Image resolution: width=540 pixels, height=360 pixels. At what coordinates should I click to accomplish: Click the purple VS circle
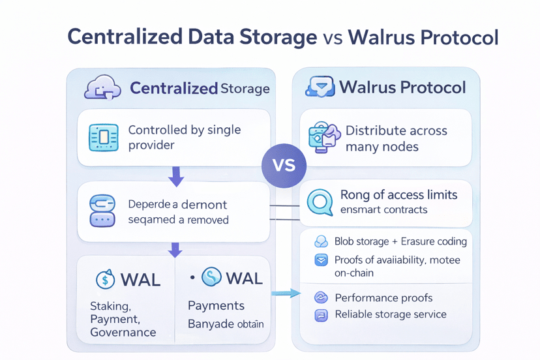tap(284, 166)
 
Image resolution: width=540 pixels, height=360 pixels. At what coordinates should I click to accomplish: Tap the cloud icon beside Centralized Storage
tap(102, 87)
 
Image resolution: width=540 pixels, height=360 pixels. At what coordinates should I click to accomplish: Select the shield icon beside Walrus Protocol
tap(320, 87)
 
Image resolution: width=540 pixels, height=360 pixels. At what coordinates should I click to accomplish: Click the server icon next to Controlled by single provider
tap(103, 138)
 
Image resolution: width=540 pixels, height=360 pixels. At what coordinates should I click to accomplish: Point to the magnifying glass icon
tap(320, 203)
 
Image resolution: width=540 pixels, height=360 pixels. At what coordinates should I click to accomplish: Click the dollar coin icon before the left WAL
tap(106, 280)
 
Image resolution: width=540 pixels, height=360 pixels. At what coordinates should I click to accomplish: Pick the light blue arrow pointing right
tap(286, 293)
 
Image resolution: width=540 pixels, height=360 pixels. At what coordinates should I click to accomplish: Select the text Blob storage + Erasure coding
tap(400, 241)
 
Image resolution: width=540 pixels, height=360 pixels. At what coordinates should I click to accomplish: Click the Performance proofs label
tap(383, 298)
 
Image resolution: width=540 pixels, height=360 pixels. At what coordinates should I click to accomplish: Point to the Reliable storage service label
tap(391, 314)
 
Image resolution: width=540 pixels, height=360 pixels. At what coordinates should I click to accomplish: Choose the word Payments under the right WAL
tap(216, 306)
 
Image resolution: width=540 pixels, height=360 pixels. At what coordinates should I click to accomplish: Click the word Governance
tap(123, 332)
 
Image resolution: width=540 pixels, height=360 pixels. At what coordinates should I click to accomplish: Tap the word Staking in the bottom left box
tap(110, 306)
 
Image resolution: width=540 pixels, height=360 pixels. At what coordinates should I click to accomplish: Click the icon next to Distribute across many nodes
tap(324, 138)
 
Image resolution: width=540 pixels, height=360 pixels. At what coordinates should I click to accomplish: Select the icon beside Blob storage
tap(321, 242)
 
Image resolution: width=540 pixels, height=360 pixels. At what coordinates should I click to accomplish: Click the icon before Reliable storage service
tap(321, 315)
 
